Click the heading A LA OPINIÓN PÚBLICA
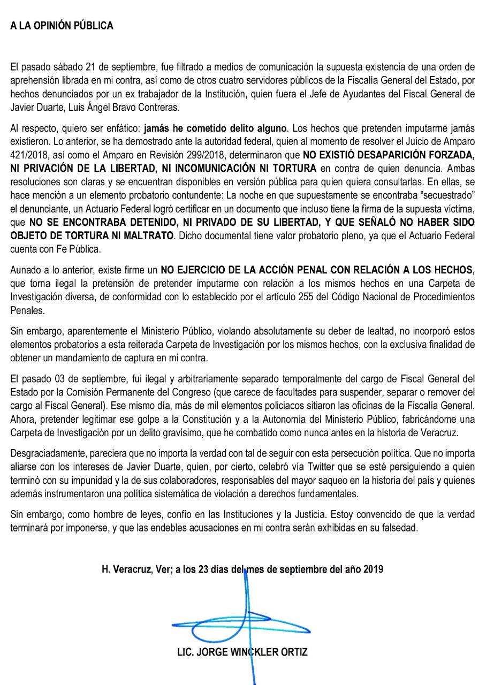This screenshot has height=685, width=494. click(x=62, y=25)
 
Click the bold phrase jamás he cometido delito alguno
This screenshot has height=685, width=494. click(x=216, y=129)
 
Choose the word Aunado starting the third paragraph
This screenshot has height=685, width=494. click(x=26, y=270)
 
